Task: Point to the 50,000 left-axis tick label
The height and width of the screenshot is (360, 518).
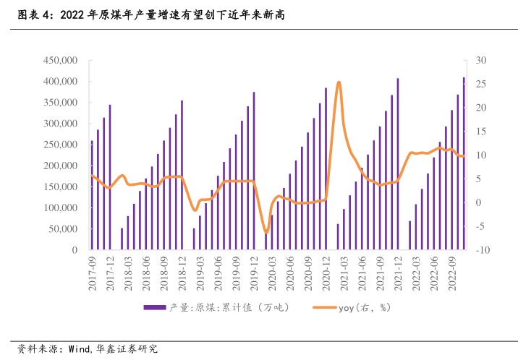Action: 63,229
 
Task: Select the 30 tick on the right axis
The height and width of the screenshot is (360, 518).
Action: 482,60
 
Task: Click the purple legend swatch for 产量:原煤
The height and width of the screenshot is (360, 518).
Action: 154,307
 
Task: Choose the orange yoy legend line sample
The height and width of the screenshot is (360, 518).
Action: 323,307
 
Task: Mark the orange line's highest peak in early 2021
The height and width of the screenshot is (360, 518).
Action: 339,82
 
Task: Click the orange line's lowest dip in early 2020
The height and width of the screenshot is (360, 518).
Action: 266,233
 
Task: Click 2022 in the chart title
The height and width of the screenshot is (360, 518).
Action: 73,14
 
